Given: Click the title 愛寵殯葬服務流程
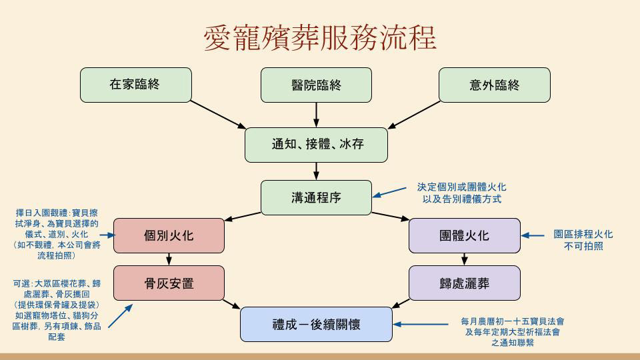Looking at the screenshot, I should pyautogui.click(x=320, y=39).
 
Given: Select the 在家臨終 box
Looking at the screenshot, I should pyautogui.click(x=135, y=85).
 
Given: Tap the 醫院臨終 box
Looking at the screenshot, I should pyautogui.click(x=316, y=85).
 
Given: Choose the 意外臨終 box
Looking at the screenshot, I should pyautogui.click(x=494, y=85).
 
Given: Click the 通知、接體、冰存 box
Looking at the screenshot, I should pyautogui.click(x=316, y=145).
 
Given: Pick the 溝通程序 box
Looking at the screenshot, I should pyautogui.click(x=316, y=197).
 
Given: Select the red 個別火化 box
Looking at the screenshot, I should pyautogui.click(x=169, y=235).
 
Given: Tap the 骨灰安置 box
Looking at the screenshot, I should pyautogui.click(x=169, y=283).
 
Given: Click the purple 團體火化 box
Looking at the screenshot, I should pyautogui.click(x=464, y=235).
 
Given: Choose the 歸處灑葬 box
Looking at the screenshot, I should pyautogui.click(x=464, y=283).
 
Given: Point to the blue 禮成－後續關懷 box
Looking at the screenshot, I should pyautogui.click(x=316, y=325).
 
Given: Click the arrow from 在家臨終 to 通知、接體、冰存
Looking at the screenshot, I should pyautogui.click(x=218, y=115).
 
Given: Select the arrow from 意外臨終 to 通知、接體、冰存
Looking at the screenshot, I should pyautogui.click(x=414, y=115).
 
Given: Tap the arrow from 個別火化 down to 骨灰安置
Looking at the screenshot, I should pyautogui.click(x=169, y=259).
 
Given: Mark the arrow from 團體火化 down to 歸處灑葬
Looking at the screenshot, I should pyautogui.click(x=464, y=259).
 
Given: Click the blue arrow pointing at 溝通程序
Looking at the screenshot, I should pyautogui.click(x=389, y=193).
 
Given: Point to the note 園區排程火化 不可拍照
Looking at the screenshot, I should pyautogui.click(x=583, y=240).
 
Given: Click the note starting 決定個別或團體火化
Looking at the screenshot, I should pyautogui.click(x=461, y=193).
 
